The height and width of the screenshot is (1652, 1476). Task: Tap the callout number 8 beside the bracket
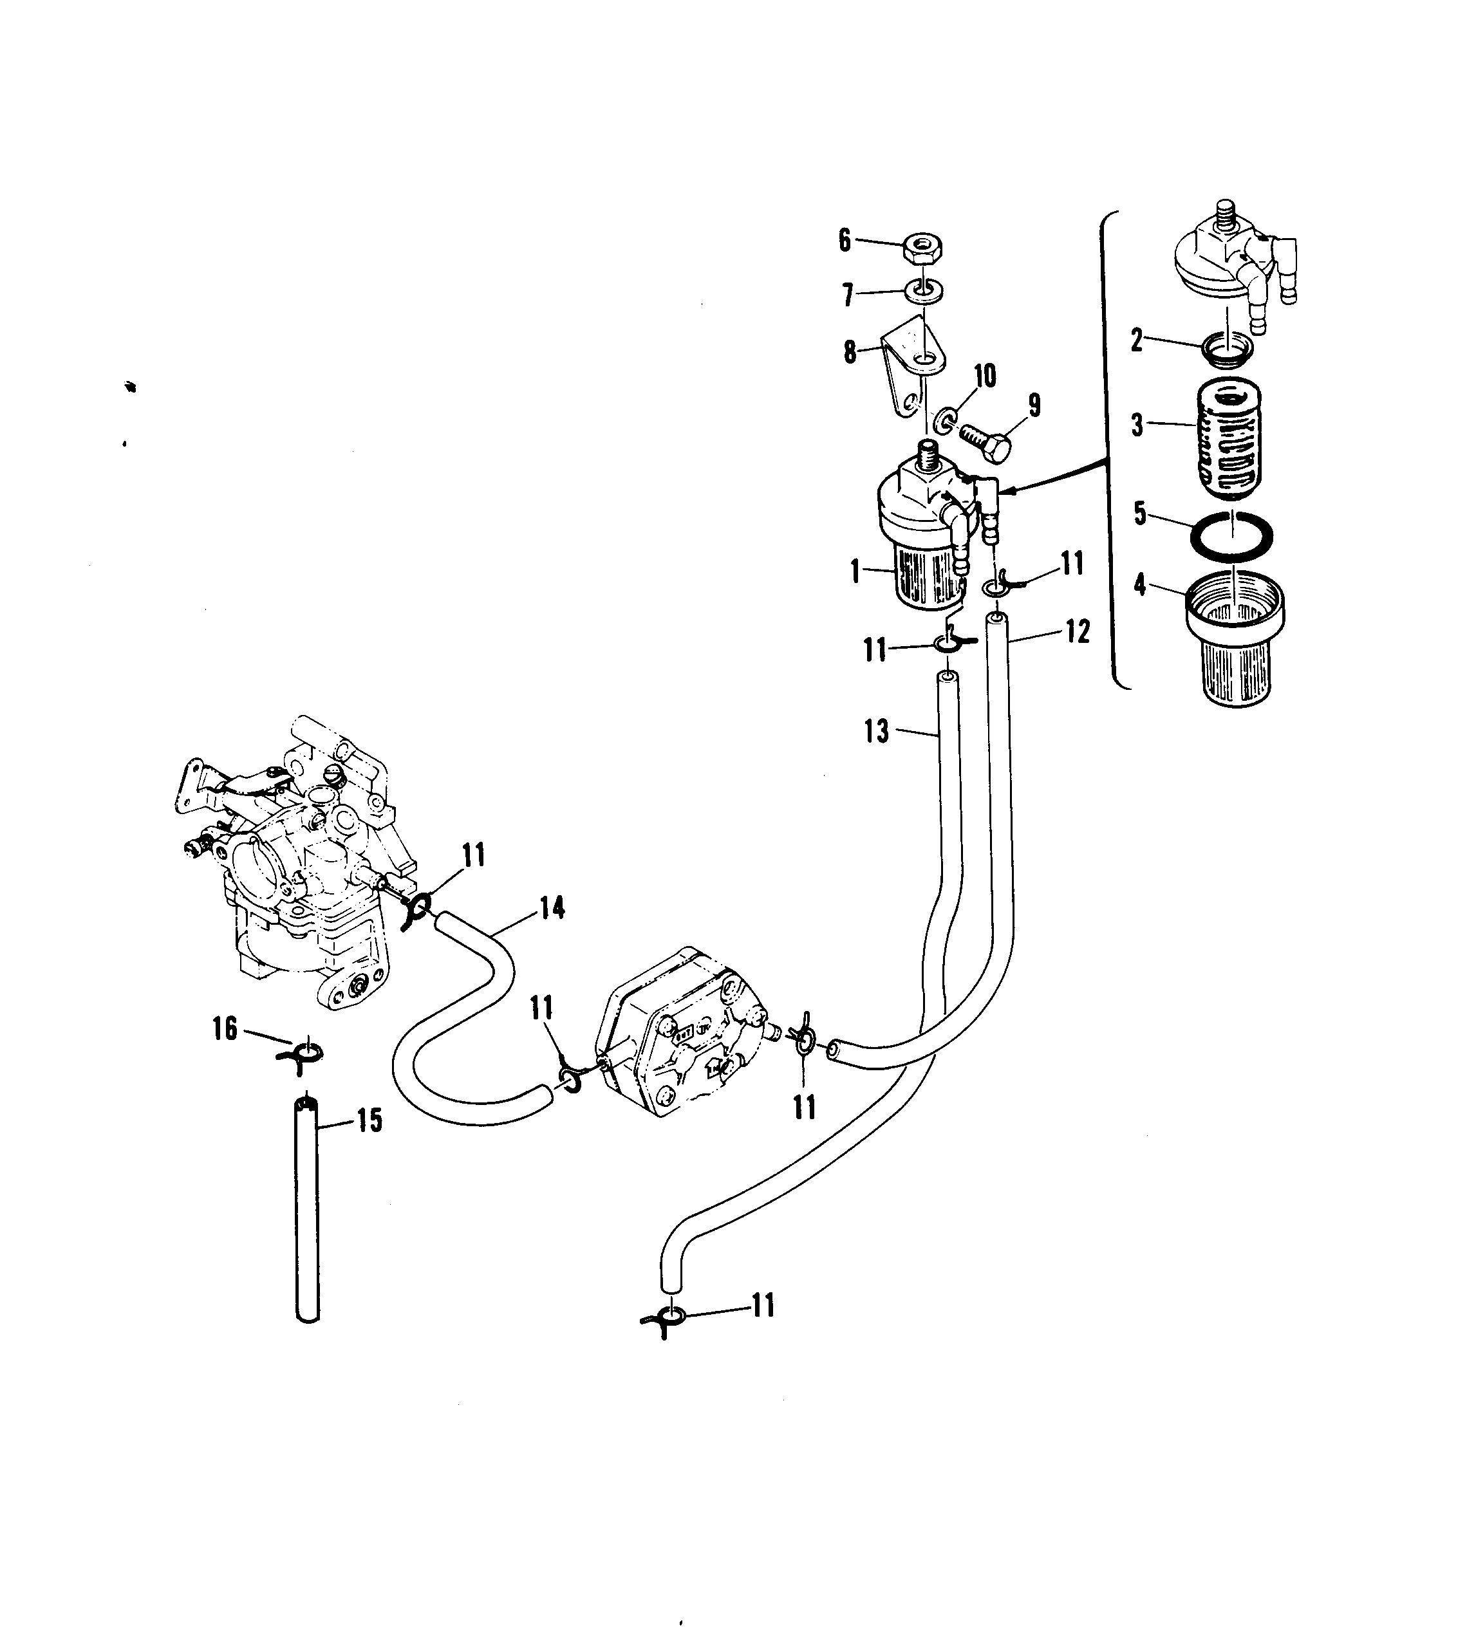849,353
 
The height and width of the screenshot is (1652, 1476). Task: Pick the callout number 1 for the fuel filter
855,572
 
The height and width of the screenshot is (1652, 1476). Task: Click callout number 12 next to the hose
1078,631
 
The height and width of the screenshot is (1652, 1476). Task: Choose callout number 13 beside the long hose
877,731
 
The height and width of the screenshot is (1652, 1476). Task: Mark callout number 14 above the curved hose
552,908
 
